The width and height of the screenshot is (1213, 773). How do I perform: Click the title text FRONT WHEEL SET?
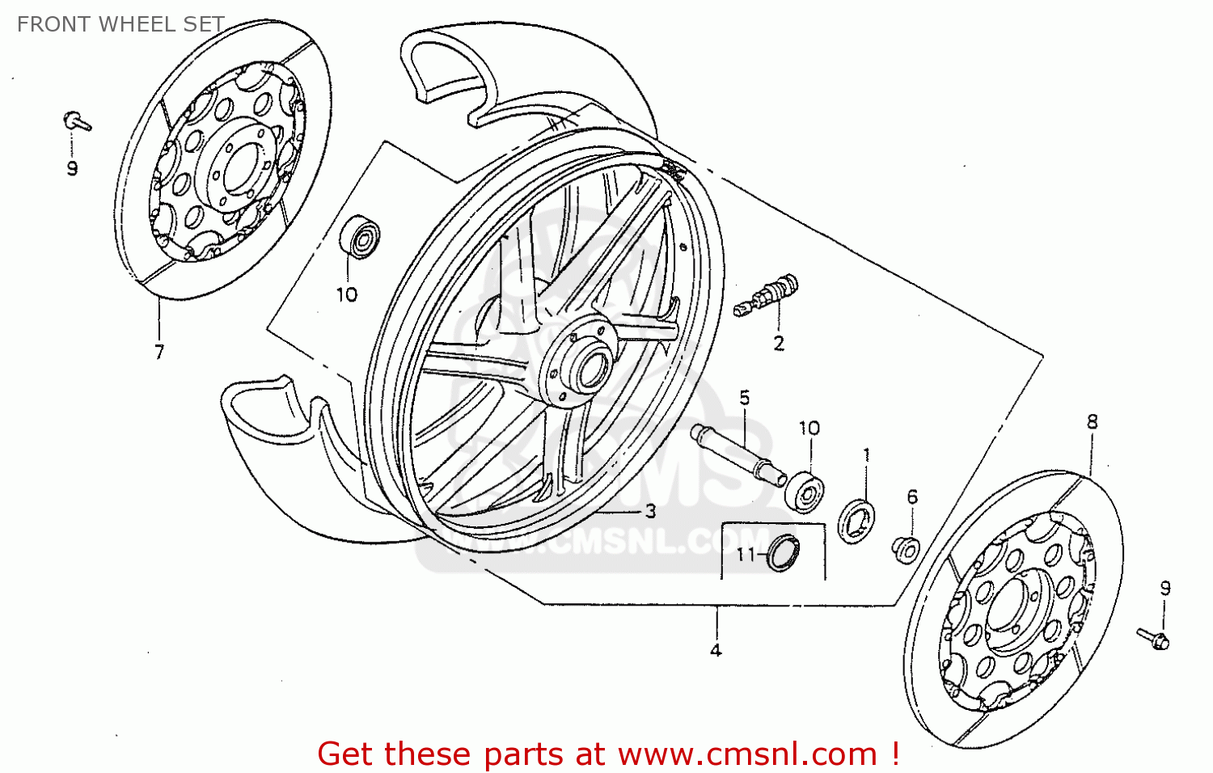coord(120,24)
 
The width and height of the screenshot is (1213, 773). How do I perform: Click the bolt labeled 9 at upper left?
coord(77,122)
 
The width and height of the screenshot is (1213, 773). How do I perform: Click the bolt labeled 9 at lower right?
coord(1153,639)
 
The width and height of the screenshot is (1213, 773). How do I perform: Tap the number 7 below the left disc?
coord(159,352)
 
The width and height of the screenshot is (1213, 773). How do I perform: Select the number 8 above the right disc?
coord(1092,422)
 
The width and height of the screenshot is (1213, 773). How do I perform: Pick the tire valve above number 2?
coord(768,296)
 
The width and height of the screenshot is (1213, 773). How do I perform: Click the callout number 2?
coord(779,344)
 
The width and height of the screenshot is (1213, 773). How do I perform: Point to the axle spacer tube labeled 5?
coord(738,454)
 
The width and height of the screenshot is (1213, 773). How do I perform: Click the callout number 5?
coord(744,398)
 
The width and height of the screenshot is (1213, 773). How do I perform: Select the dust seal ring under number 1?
coord(857,522)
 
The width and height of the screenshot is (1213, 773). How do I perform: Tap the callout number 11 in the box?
coord(745,555)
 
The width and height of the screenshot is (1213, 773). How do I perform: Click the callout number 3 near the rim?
coord(650,511)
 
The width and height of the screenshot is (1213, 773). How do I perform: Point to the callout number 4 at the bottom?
coord(716,650)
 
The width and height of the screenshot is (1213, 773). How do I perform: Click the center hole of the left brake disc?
coord(239,170)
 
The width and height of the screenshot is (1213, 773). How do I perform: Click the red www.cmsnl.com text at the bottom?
coord(747,754)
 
